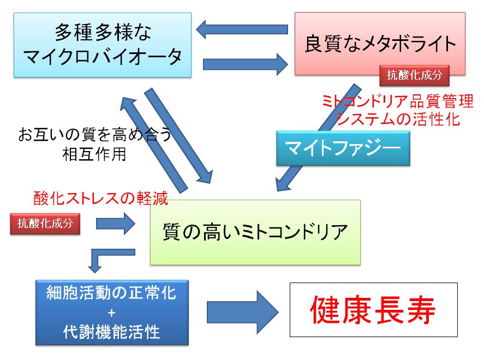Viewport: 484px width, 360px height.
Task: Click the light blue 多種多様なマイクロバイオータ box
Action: (103, 45)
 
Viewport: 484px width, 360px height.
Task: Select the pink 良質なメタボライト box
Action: (380, 44)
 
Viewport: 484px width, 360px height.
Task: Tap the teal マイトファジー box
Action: (343, 148)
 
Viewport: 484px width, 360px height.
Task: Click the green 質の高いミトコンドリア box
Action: (255, 232)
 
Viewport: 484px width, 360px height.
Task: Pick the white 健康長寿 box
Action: (373, 310)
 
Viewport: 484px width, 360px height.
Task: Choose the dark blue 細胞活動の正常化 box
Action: (112, 313)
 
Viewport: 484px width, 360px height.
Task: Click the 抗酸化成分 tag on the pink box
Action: (414, 75)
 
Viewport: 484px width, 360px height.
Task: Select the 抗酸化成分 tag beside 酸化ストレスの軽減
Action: (45, 224)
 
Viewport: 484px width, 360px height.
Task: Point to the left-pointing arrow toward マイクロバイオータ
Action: (242, 29)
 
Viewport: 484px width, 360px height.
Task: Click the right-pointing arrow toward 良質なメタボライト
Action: (246, 64)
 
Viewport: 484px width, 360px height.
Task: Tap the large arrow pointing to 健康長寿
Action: (243, 312)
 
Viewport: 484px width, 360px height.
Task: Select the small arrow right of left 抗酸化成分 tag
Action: (116, 224)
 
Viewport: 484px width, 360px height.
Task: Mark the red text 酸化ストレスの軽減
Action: (100, 198)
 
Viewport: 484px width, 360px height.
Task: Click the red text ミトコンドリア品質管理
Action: (398, 101)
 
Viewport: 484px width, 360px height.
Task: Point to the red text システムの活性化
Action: (398, 119)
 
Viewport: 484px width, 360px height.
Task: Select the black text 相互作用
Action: (94, 154)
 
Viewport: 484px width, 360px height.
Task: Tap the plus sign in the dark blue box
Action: (112, 313)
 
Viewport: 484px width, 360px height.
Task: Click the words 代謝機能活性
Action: (111, 332)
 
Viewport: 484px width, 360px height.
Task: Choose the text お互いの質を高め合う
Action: (95, 135)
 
